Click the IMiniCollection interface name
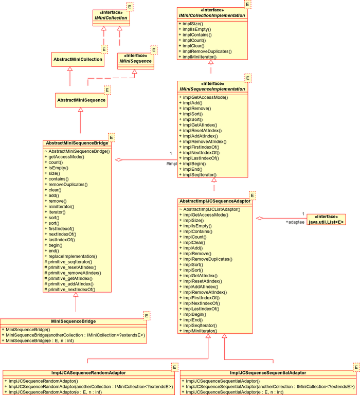tap(111, 18)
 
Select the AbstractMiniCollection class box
tap(78, 60)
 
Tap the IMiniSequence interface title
tap(136, 61)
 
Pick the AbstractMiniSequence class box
tap(81, 100)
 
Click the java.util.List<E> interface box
tap(326, 220)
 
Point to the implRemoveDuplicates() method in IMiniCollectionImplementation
tap(205, 51)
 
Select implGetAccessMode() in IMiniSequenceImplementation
tap(203, 97)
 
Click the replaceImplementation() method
tap(70, 256)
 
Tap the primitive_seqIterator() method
tap(68, 262)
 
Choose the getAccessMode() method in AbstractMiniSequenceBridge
tap(64, 157)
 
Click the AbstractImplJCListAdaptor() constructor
tap(210, 209)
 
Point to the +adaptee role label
tap(295, 222)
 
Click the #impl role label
tap(172, 164)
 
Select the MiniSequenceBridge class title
tap(74, 321)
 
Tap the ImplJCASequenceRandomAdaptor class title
tap(88, 373)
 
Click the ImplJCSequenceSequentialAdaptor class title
tap(268, 373)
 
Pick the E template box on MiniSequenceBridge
tap(147, 316)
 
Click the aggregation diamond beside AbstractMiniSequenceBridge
tap(119, 160)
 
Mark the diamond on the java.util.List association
tap(260, 218)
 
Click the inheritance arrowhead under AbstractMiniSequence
tap(81, 110)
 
